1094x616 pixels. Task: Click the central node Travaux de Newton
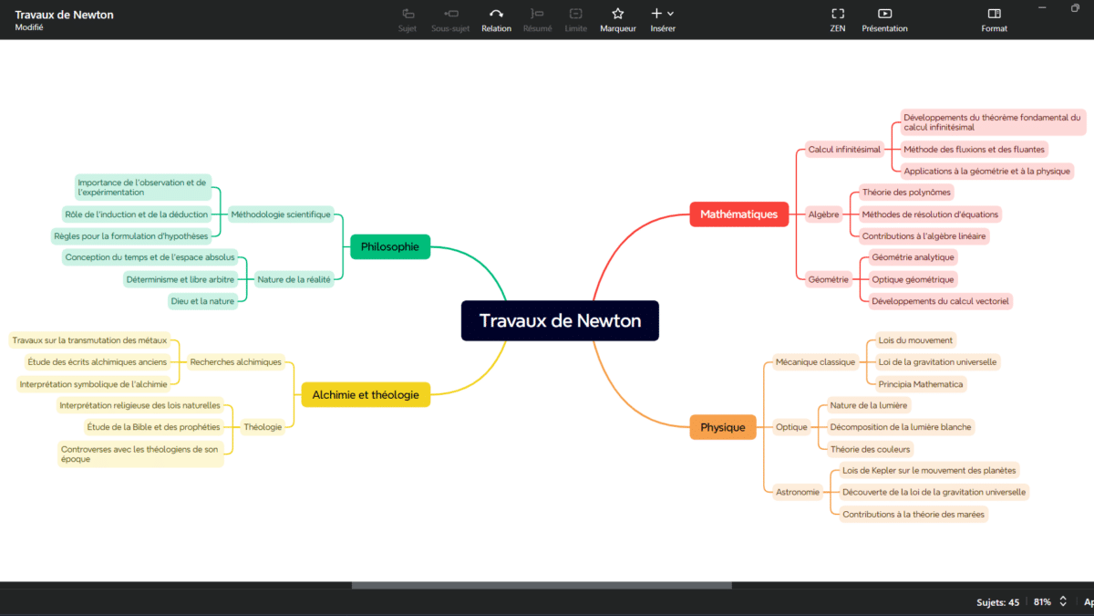[x=560, y=320]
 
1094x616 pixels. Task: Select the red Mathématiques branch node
[x=738, y=214]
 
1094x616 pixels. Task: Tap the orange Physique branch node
[x=723, y=427]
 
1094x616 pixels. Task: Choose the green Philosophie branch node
[x=389, y=246]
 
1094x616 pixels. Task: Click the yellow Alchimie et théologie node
[x=366, y=394]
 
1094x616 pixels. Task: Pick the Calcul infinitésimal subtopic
[x=844, y=149]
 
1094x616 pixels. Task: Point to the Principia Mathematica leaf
[x=920, y=384]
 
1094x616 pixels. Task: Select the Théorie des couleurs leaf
[x=870, y=449]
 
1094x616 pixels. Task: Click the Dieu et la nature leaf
[x=202, y=301]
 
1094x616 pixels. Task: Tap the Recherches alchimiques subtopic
[x=235, y=362]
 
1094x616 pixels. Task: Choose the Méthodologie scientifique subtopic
[x=280, y=214]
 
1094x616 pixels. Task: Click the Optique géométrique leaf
[x=913, y=279]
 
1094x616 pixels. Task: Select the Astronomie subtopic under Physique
[x=797, y=492]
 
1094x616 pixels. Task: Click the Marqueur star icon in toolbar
[x=617, y=14]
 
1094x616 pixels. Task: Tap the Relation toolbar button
[x=496, y=14]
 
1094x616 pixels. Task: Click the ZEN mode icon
[x=837, y=14]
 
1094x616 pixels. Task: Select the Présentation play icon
[x=884, y=14]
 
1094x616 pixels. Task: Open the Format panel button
[x=994, y=14]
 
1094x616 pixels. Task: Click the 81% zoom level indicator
[x=1042, y=602]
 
